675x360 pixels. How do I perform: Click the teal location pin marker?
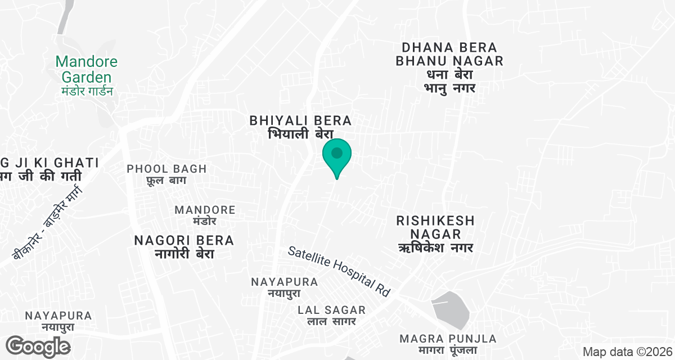[x=337, y=156]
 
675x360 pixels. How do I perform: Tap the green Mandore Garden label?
[x=87, y=69]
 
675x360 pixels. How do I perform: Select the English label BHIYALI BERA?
[x=301, y=120]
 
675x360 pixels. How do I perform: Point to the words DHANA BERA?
[x=449, y=47]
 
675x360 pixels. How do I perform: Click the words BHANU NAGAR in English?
[x=449, y=61]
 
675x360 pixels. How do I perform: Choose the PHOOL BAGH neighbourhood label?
[x=166, y=169]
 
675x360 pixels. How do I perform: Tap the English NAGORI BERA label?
[x=184, y=241]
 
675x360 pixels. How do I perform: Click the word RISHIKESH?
[x=435, y=220]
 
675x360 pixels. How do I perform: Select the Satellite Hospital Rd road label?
[x=339, y=271]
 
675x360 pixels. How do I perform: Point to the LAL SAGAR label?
[x=332, y=310]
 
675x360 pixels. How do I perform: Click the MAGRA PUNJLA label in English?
[x=448, y=339]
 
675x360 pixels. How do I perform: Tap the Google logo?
[x=38, y=346]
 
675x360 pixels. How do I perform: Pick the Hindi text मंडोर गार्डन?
[x=87, y=91]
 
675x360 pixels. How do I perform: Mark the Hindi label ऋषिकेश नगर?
[x=435, y=247]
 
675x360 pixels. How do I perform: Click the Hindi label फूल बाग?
[x=166, y=181]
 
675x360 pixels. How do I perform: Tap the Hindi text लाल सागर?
[x=332, y=322]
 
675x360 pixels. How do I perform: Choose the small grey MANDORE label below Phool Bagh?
[x=205, y=210]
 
